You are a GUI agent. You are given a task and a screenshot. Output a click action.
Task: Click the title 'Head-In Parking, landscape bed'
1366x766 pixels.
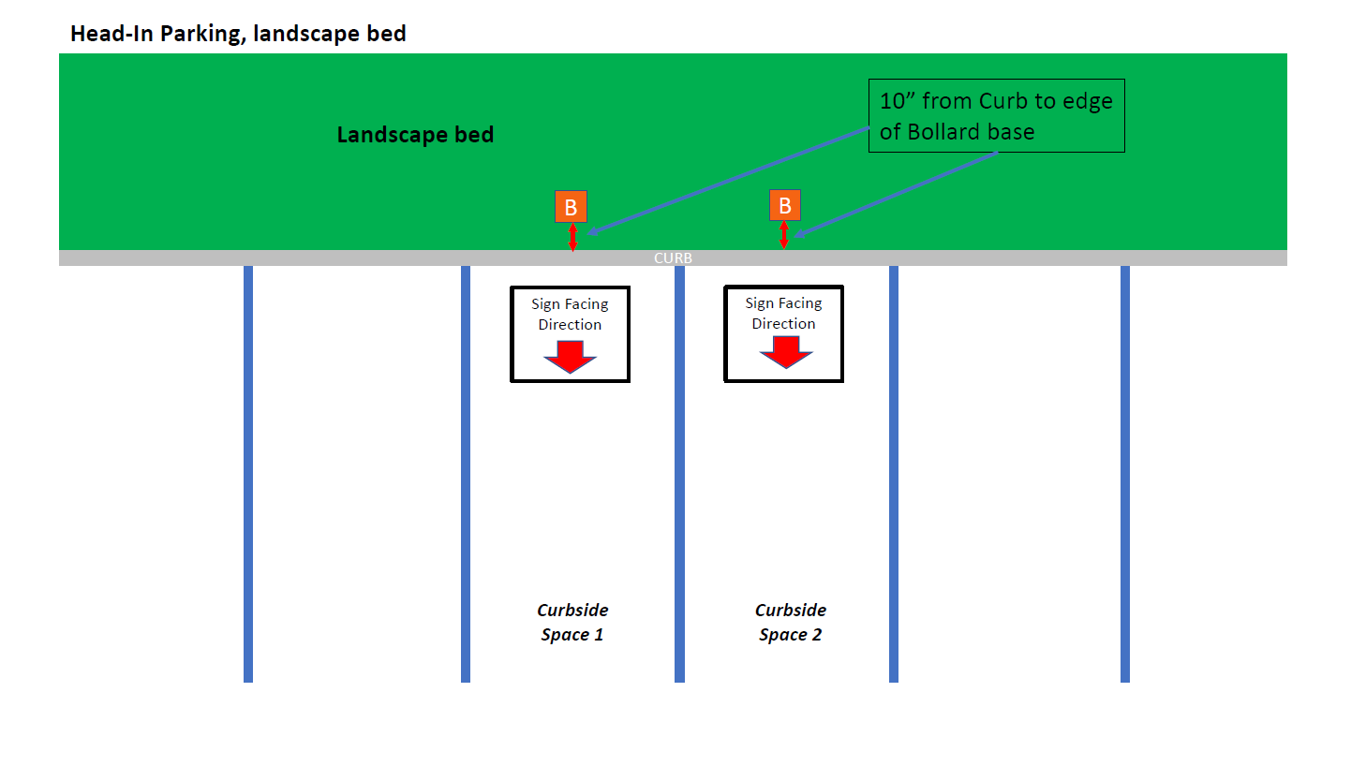pos(238,34)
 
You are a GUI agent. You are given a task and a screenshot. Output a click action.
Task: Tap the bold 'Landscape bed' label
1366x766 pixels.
pos(415,135)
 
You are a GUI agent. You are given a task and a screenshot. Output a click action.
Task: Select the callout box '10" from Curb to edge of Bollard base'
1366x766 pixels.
pos(997,116)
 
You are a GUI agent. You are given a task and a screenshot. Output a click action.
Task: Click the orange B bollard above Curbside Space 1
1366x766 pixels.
pos(571,207)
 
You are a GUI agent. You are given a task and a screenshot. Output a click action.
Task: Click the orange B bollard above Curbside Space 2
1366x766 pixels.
pos(785,205)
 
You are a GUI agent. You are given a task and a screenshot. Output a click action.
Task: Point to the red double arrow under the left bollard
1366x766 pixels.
pos(572,237)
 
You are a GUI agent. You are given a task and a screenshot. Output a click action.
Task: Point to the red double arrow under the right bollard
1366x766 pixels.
pos(784,235)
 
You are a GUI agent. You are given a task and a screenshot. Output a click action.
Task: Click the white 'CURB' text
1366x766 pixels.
pos(673,258)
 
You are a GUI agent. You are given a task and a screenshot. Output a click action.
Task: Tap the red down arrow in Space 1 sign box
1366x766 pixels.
pos(571,357)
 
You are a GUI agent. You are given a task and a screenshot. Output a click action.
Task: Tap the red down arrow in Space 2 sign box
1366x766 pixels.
pos(785,352)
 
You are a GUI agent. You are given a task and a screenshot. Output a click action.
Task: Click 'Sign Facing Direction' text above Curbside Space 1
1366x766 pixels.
pos(570,315)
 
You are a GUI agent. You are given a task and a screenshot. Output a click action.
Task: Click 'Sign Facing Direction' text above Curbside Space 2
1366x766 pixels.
pos(783,313)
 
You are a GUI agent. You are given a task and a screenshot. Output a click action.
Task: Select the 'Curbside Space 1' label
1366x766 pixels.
pos(572,622)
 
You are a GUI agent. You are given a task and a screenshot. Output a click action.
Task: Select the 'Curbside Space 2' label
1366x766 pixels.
pos(791,622)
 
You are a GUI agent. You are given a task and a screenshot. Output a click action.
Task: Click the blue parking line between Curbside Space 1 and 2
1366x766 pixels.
pos(679,474)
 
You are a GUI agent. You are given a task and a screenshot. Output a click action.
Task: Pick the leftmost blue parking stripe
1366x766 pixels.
pos(248,474)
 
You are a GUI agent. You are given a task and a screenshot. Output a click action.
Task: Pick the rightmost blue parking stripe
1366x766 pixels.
pos(1125,474)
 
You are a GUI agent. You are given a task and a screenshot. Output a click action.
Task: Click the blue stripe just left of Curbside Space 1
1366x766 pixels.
pos(466,474)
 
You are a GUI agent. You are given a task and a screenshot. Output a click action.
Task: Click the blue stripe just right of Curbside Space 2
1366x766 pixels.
pos(894,474)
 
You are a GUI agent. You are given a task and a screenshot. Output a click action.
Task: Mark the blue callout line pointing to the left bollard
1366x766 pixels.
pos(728,181)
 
